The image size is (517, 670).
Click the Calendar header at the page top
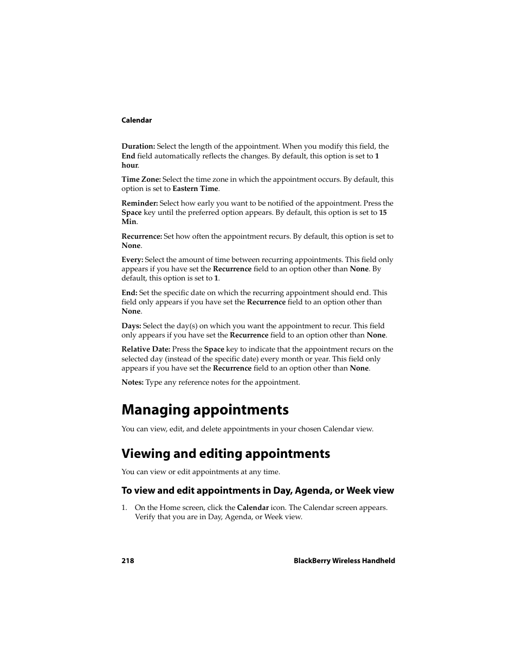coord(137,120)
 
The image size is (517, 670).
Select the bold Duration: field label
coord(138,146)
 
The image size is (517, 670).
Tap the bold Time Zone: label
coord(141,180)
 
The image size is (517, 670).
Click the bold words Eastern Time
coord(195,189)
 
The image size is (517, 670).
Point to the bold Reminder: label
coord(139,203)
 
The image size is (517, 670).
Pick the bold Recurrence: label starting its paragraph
coord(141,237)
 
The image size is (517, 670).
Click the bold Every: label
coord(132,260)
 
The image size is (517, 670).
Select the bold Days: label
coord(131,326)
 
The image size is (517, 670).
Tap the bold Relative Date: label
coord(146,349)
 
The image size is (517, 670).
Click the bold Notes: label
coord(132,382)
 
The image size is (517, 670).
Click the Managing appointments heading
coord(205,410)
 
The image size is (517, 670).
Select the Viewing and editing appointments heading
coord(225,454)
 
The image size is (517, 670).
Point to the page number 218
coord(127,561)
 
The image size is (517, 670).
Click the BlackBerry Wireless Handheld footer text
coord(344,561)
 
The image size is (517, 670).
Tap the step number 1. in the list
coord(124,508)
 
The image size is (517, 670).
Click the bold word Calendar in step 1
coord(253,508)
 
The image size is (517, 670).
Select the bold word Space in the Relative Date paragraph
coord(214,349)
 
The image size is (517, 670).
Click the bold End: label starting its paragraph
coord(129,293)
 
